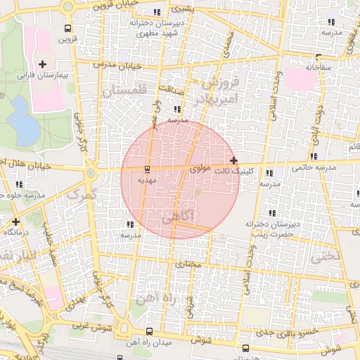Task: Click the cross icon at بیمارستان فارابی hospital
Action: tap(43, 64)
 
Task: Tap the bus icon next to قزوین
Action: tap(67, 29)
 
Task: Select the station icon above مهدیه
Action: tap(147, 169)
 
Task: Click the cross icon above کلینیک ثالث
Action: tap(234, 161)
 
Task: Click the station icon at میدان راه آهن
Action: tap(148, 332)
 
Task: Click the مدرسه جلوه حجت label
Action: tap(25, 194)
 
